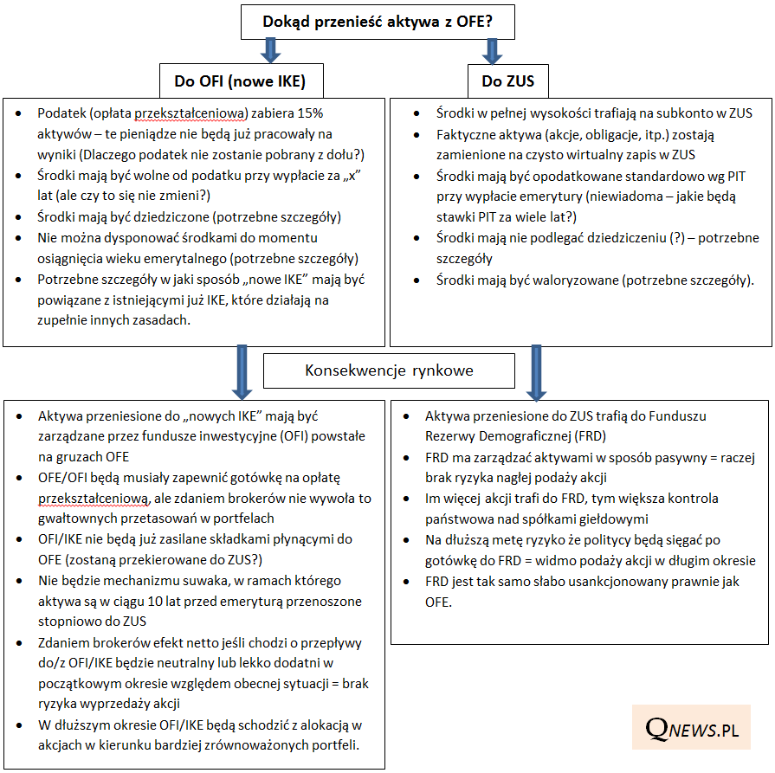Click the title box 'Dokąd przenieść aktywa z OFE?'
(378, 23)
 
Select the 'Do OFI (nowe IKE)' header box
(240, 82)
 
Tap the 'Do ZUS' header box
(507, 82)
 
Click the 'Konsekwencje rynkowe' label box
(389, 370)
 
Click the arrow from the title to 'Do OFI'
(272, 50)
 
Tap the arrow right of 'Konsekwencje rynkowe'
(533, 370)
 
